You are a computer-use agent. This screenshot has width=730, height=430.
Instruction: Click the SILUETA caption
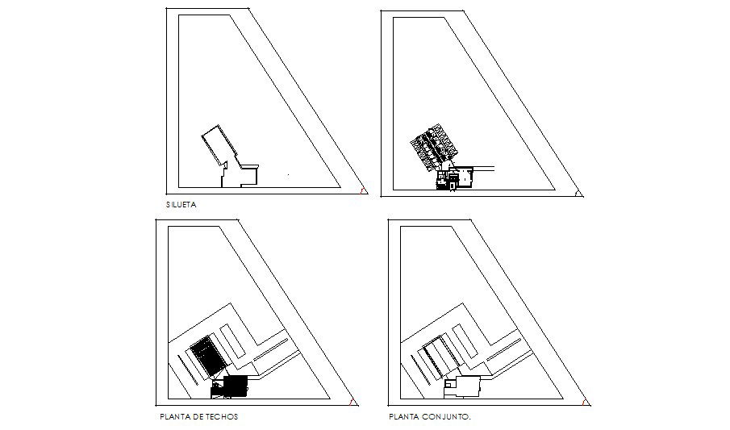pos(181,205)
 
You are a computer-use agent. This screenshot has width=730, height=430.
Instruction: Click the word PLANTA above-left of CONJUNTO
pos(403,417)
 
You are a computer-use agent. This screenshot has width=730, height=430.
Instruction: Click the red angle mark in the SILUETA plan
pos(364,191)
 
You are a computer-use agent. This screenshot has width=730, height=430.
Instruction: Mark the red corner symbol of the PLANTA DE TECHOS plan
pos(352,402)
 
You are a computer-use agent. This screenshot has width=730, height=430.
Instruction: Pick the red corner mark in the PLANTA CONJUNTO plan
pos(585,402)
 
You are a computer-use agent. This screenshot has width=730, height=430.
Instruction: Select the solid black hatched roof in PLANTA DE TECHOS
pos(236,386)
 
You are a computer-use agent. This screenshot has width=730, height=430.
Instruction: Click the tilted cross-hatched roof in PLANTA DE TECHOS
pos(206,356)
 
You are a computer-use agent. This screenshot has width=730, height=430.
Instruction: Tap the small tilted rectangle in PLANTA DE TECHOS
pos(232,340)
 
